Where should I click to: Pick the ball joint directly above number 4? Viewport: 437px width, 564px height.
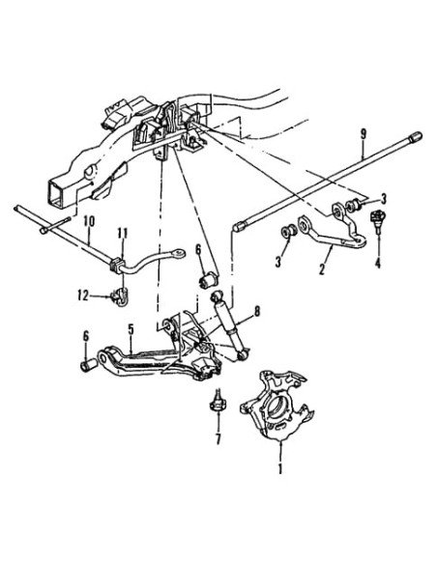380,219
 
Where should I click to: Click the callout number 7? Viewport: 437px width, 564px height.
218,440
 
